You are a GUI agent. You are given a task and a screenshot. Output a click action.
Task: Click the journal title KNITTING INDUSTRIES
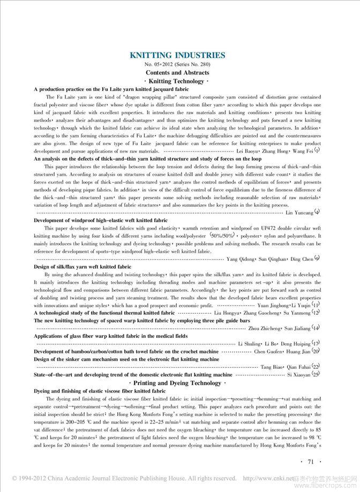click(x=177, y=55)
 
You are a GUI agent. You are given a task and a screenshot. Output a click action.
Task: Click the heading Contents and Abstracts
click(x=177, y=72)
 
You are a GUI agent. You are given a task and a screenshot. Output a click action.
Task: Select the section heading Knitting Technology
click(x=177, y=81)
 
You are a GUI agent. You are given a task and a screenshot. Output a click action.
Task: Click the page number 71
click(x=310, y=461)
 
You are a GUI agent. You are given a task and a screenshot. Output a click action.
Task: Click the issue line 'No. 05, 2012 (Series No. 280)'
click(x=177, y=64)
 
